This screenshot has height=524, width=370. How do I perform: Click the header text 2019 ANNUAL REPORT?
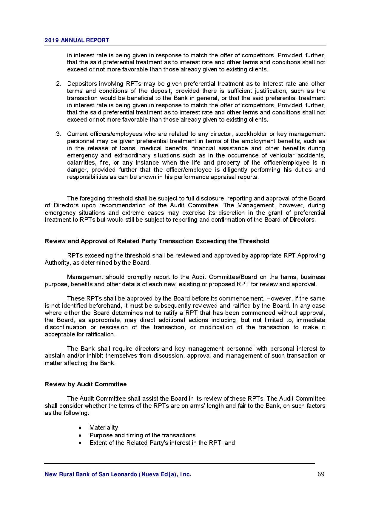coord(77,40)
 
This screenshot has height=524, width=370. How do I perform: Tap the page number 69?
coord(321,474)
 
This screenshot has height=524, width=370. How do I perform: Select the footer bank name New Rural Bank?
coord(118,474)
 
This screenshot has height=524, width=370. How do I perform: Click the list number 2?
coord(58,84)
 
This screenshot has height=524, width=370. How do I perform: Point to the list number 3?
coord(58,134)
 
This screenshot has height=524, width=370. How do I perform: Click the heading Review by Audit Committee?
coord(86,384)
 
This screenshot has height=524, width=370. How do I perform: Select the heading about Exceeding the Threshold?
coord(157,241)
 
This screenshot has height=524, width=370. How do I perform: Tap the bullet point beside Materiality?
coord(80,428)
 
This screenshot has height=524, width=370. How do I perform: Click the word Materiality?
coord(104,428)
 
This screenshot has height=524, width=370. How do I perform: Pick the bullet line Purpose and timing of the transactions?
coord(142,435)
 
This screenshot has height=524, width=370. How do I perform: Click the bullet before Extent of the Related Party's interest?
coord(80,443)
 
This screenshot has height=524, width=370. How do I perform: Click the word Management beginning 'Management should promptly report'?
coord(85,277)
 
